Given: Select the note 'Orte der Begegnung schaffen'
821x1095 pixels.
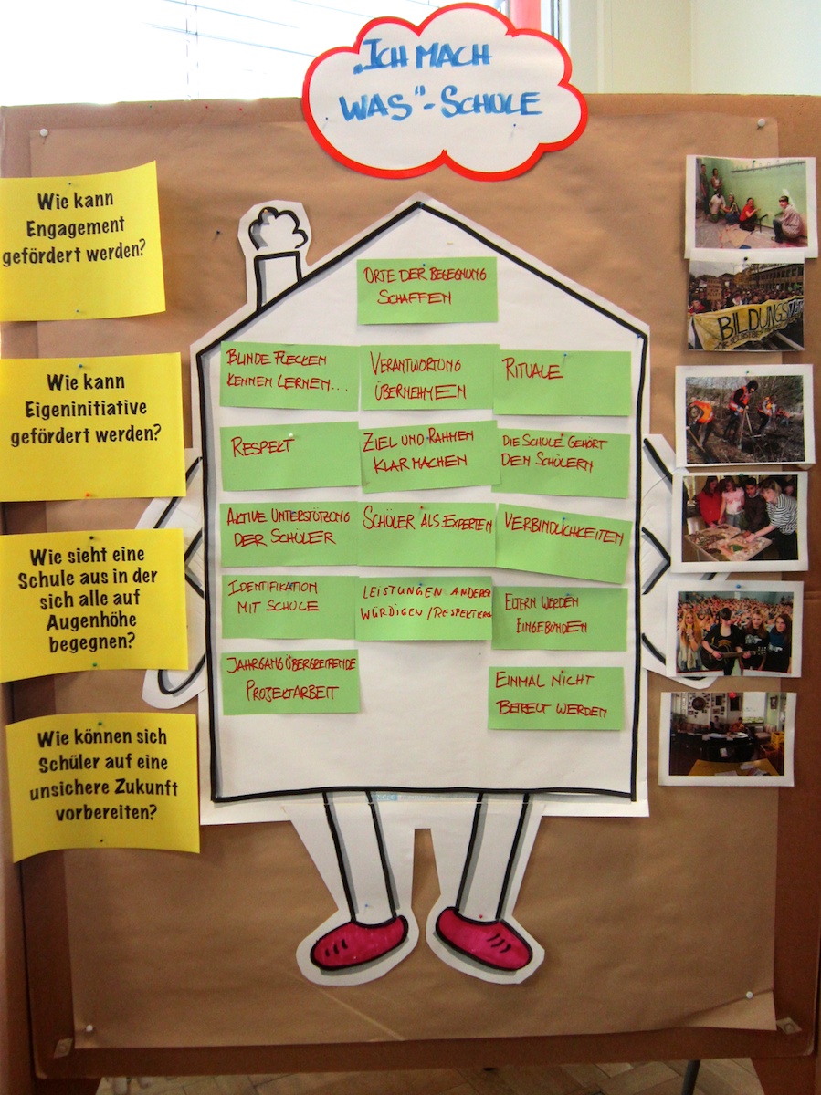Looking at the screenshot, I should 426,290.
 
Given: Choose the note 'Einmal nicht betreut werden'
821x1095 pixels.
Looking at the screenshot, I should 555,697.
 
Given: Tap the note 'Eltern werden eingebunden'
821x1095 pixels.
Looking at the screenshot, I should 559,618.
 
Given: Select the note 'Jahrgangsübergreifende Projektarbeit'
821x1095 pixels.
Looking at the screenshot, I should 290,682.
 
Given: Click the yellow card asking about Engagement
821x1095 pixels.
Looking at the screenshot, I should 81,241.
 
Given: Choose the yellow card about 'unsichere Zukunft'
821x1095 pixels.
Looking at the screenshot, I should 102,786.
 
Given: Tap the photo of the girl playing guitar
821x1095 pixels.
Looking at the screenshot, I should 734,630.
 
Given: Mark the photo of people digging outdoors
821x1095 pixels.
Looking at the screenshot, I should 744,415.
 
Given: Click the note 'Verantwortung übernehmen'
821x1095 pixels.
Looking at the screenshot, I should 427,376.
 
